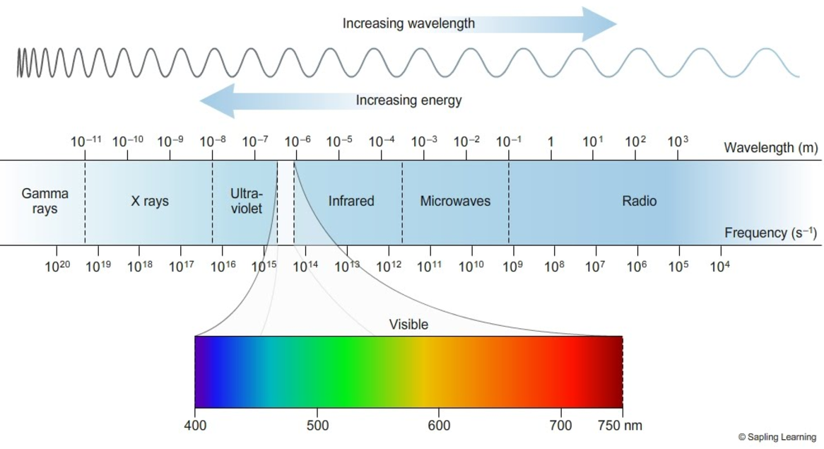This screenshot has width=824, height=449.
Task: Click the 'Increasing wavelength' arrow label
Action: pos(408,23)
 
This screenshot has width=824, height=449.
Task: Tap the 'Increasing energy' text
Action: pos(408,100)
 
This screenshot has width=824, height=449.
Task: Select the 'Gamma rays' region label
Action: pos(45,201)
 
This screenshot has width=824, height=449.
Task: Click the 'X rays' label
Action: pos(150,202)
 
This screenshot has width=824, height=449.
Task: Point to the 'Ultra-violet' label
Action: pos(246,201)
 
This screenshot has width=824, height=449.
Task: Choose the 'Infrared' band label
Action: pos(351,202)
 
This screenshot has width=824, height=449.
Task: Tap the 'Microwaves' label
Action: pos(455,202)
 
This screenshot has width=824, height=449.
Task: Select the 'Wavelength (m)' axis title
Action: pos(771,148)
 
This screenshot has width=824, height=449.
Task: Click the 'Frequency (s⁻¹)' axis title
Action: pos(771,233)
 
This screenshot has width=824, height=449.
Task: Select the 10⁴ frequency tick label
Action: pos(720,266)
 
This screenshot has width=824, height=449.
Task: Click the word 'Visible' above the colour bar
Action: pos(408,325)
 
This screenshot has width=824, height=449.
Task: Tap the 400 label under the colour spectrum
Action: pos(194,426)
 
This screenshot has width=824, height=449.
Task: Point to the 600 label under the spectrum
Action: pos(439,426)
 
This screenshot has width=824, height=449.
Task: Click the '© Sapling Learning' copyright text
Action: pos(777,438)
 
